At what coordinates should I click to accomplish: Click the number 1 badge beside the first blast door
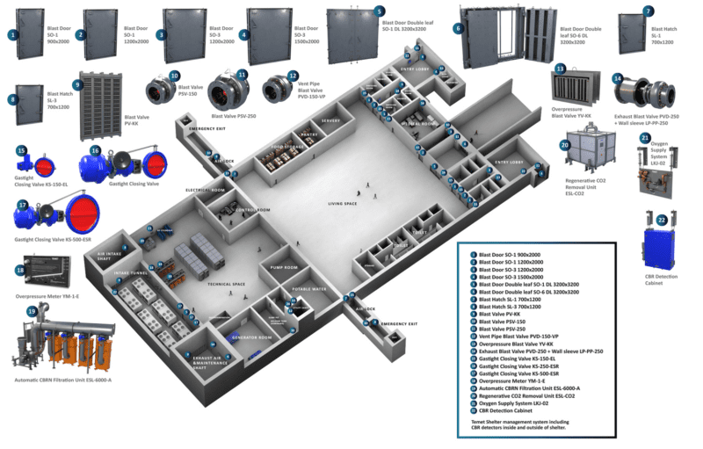click(x=13, y=35)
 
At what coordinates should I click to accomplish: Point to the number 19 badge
click(x=33, y=310)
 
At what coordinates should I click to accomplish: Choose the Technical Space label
click(x=224, y=283)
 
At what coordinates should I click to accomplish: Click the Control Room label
click(x=252, y=210)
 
